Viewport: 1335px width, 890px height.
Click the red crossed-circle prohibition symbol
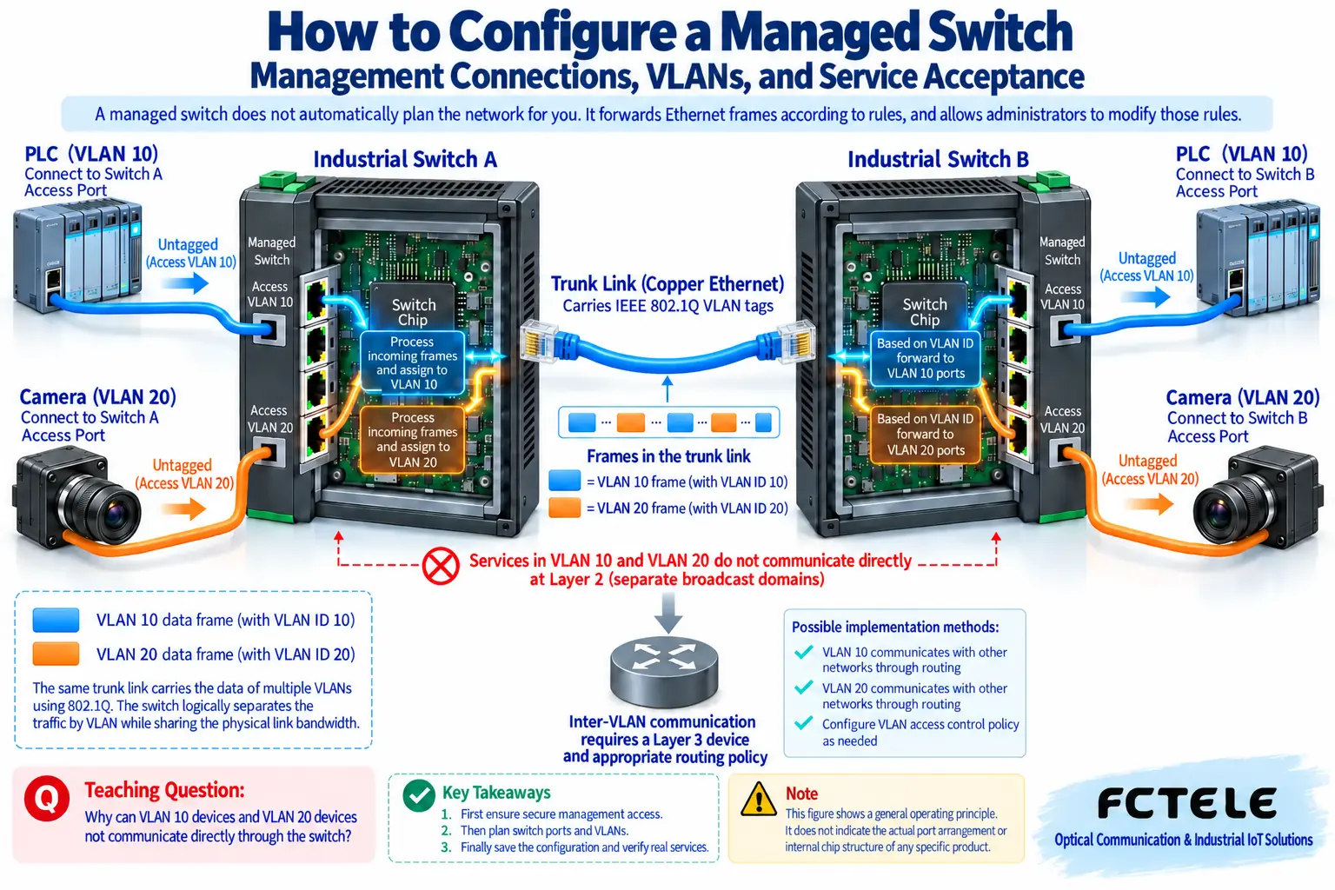click(441, 567)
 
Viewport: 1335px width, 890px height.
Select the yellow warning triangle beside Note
click(758, 800)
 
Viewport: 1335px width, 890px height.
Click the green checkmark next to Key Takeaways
click(418, 796)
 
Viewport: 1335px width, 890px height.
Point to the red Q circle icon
click(46, 798)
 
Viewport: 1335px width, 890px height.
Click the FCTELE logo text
click(1186, 803)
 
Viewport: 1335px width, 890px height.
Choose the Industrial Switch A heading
click(405, 159)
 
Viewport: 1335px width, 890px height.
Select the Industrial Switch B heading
click(938, 159)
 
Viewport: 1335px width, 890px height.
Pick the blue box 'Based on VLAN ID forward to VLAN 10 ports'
click(925, 358)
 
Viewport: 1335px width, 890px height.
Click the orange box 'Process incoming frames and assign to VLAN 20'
click(413, 440)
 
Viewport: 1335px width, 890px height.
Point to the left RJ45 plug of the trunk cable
click(540, 341)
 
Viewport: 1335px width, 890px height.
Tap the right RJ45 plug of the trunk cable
click(796, 342)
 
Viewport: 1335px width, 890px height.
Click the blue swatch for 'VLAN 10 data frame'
click(56, 620)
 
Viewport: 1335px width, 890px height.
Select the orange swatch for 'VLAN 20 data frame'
click(56, 654)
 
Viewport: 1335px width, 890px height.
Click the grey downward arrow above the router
click(668, 613)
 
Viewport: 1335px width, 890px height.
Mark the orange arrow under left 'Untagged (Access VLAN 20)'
click(183, 508)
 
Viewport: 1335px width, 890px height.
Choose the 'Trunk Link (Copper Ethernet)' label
click(667, 283)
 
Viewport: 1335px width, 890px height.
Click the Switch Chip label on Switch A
click(413, 312)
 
